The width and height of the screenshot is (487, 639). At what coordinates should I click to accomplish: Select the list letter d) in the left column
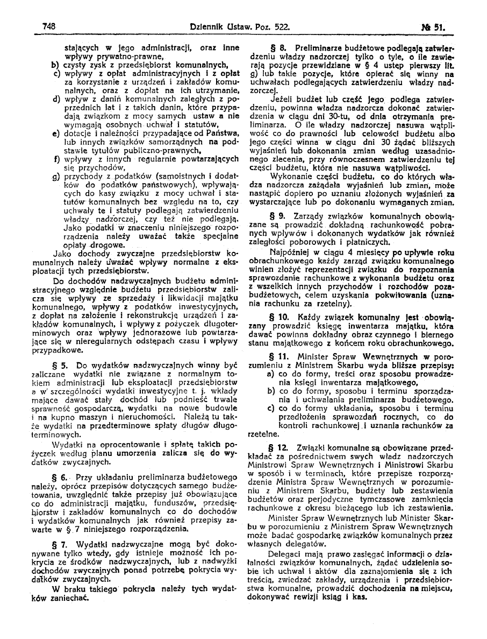click(55, 100)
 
